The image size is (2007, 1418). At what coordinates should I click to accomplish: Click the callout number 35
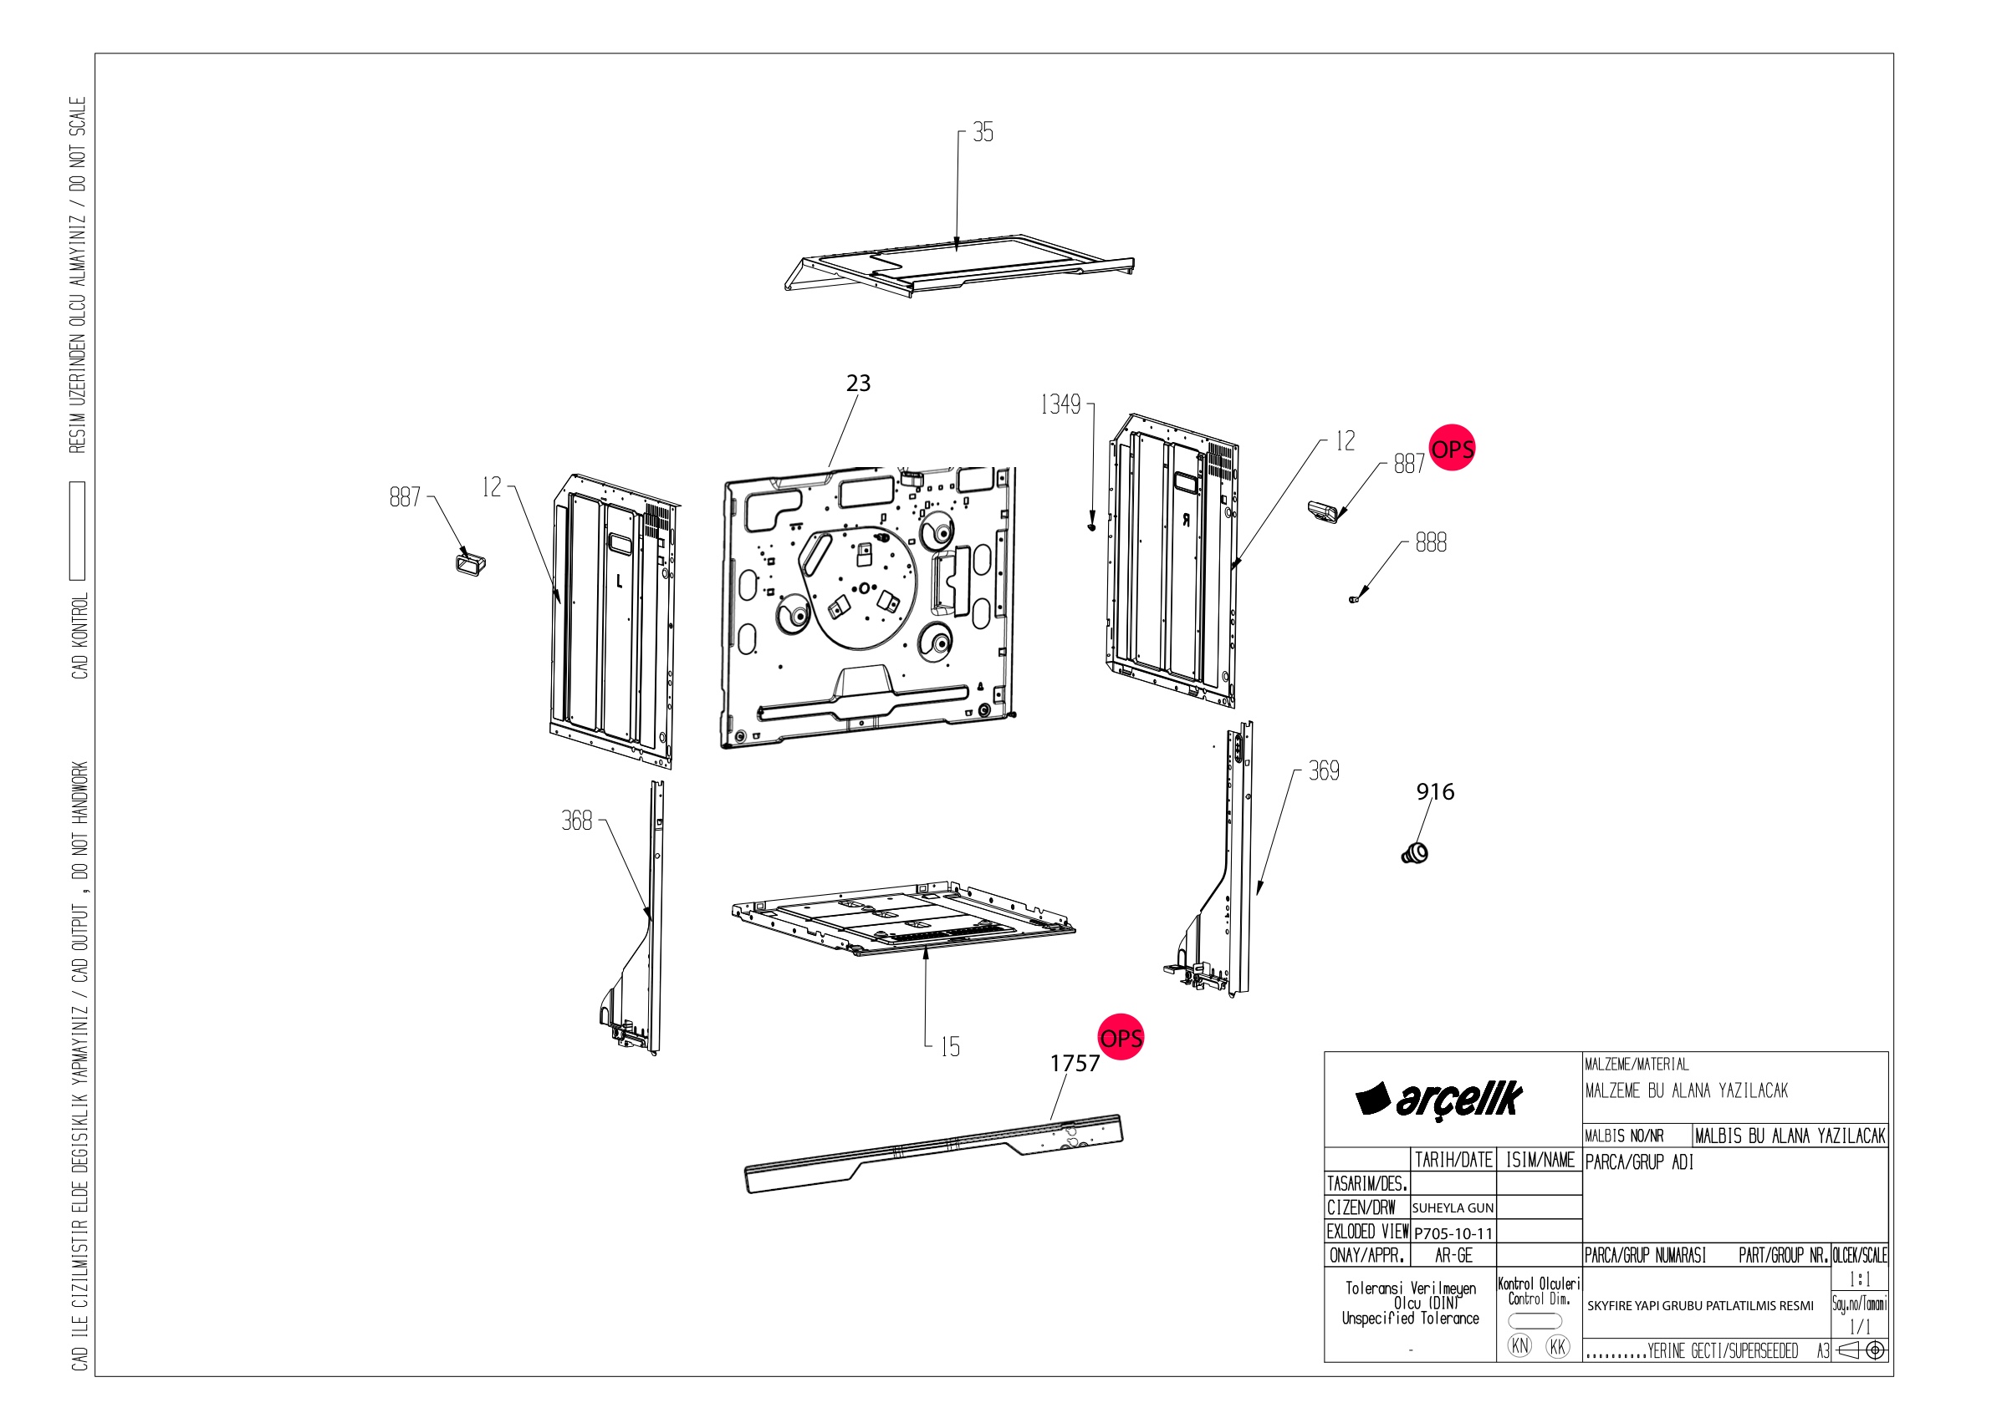point(983,132)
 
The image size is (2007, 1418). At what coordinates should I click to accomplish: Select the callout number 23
point(858,383)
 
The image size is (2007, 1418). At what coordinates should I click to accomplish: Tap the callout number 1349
point(1060,404)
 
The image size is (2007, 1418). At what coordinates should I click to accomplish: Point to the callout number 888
point(1431,542)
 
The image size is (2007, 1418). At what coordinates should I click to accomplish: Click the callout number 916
point(1435,791)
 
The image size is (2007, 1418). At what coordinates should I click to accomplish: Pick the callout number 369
point(1324,770)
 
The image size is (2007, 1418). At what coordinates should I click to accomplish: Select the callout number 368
point(577,821)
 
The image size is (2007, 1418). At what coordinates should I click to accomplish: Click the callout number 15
point(950,1047)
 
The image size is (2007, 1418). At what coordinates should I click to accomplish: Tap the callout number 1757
point(1075,1063)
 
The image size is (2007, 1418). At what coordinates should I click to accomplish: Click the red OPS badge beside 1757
point(1121,1037)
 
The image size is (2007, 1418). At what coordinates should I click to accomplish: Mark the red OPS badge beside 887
point(1452,448)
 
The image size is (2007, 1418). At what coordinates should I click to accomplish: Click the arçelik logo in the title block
point(1439,1099)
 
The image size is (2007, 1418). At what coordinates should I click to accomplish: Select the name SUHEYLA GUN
point(1453,1207)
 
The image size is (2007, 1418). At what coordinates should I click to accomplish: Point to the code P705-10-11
point(1453,1233)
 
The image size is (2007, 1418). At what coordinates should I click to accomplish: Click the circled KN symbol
point(1520,1345)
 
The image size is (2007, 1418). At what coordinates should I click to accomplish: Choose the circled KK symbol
point(1558,1346)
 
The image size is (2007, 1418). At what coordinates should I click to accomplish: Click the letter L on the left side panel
point(620,581)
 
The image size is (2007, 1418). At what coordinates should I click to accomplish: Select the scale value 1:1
point(1859,1279)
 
